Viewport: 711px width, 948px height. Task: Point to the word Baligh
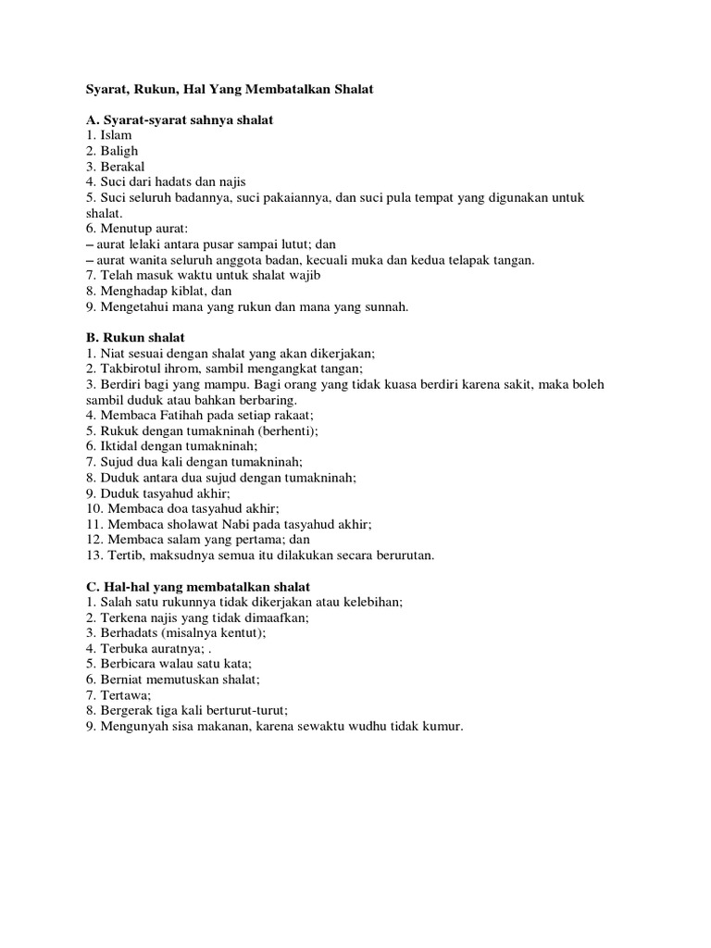tap(119, 151)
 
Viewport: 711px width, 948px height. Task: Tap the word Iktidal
tap(122, 446)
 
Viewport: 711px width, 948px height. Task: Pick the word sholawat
tap(191, 524)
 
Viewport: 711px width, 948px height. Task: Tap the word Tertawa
tap(125, 695)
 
